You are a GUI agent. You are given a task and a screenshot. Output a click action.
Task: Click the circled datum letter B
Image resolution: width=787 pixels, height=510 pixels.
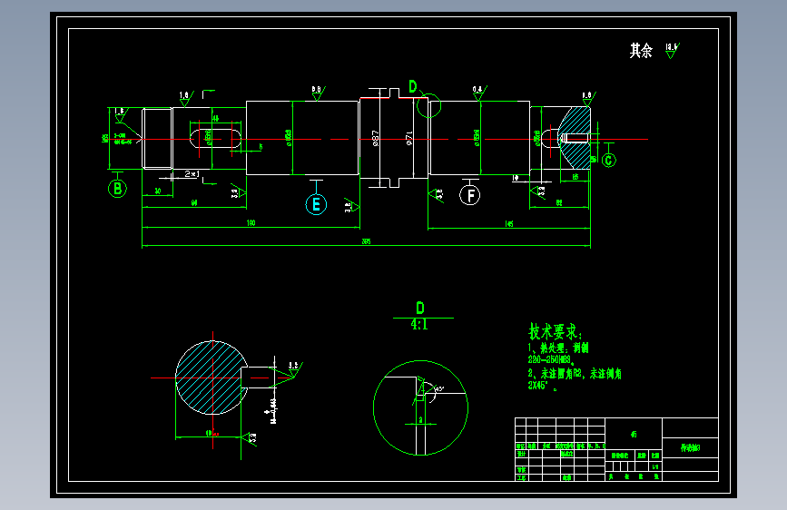[x=117, y=189]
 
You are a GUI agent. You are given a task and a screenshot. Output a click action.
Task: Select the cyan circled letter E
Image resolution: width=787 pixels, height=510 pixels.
[x=316, y=204]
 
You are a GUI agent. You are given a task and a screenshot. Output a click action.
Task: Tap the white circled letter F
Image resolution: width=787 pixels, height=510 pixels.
[x=469, y=194]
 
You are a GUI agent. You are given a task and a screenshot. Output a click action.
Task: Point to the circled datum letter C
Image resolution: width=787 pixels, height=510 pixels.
[x=608, y=161]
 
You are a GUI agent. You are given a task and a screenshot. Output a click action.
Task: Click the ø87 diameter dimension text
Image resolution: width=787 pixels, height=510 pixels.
[x=376, y=139]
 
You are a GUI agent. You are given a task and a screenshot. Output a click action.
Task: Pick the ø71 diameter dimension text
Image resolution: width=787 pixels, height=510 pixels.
[x=409, y=139]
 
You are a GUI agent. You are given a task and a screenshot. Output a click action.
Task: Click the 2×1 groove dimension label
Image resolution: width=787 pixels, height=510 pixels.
[x=192, y=172]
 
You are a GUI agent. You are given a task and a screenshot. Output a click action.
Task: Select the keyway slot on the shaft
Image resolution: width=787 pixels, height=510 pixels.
[x=215, y=138]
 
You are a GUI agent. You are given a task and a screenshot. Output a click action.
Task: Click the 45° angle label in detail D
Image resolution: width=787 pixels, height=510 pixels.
[x=439, y=389]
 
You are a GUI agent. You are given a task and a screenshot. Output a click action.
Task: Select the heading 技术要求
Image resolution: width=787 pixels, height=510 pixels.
[x=556, y=332]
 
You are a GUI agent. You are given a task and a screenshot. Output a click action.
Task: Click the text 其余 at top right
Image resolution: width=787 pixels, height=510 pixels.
[x=641, y=51]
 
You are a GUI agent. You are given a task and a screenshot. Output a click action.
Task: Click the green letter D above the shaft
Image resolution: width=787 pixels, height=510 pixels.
[x=413, y=86]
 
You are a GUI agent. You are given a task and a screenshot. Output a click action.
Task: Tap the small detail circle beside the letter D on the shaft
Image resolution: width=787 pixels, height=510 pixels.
[x=428, y=106]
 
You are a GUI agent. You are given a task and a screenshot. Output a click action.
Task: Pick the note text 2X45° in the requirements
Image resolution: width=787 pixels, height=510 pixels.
[x=541, y=386]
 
